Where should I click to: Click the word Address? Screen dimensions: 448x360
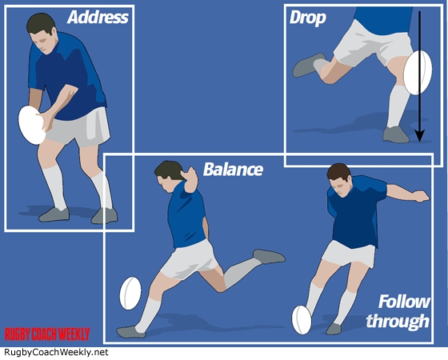tap(98, 17)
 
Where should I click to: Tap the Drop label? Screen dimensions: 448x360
tap(308, 18)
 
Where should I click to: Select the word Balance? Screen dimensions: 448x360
tap(233, 169)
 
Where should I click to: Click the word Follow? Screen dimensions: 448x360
tap(404, 302)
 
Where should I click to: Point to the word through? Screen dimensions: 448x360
tap(398, 321)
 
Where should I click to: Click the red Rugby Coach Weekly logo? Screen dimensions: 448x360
tap(47, 334)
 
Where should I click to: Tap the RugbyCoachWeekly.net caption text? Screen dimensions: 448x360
tap(56, 352)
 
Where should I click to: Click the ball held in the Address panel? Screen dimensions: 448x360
tap(31, 125)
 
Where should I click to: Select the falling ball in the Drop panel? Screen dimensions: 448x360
tap(418, 73)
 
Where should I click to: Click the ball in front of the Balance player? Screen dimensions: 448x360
tap(130, 293)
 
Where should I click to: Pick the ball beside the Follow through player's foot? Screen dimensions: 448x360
tap(302, 320)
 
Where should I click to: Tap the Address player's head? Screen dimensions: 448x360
tap(42, 33)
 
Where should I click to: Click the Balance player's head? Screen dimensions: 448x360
tap(169, 176)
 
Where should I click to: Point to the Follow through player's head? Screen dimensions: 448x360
tap(340, 180)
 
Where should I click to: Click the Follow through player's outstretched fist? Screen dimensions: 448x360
tap(422, 196)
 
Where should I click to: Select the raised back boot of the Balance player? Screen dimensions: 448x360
tap(269, 256)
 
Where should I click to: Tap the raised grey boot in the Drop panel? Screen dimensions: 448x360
tap(307, 65)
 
